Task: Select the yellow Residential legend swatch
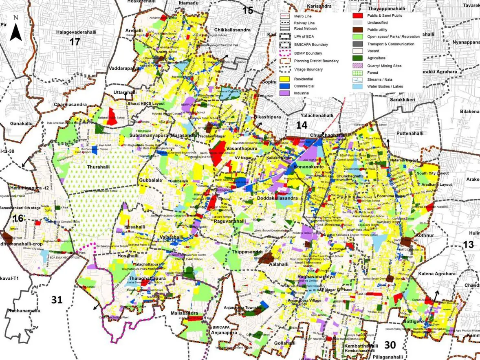tap(285, 79)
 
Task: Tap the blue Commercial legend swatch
tap(285, 86)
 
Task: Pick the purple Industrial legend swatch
tap(285, 93)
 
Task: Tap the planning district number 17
tap(75, 42)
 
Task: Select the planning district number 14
tap(302, 125)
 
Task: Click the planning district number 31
tap(57, 300)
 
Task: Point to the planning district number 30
tap(390, 345)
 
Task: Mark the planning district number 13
tap(469, 244)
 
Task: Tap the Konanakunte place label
tap(309, 167)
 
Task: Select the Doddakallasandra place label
tap(277, 198)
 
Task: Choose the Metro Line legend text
tap(303, 16)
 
